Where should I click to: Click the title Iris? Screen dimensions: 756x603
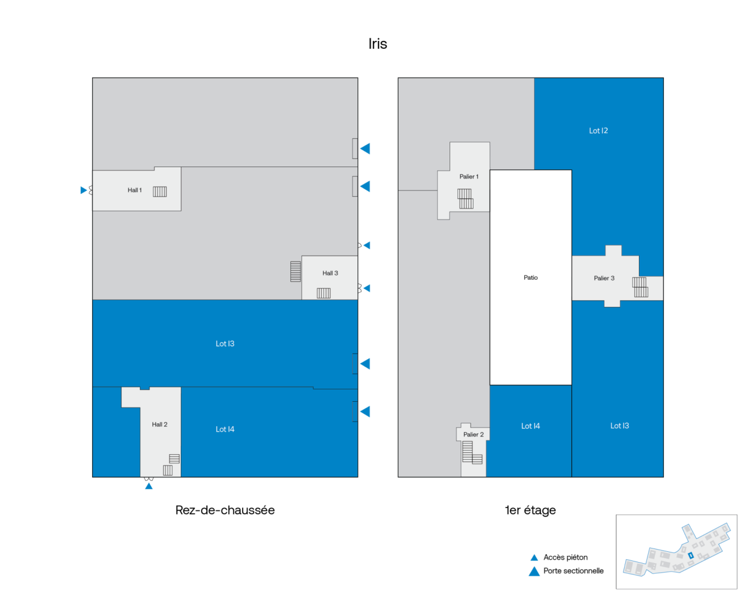pyautogui.click(x=377, y=44)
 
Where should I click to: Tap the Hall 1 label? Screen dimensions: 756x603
pyautogui.click(x=135, y=190)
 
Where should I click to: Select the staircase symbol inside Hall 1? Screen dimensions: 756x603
pyautogui.click(x=160, y=192)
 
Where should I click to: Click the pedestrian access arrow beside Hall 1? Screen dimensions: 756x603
pyautogui.click(x=84, y=190)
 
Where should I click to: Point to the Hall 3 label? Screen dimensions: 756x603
pyautogui.click(x=330, y=273)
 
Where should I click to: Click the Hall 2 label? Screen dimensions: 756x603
pyautogui.click(x=160, y=424)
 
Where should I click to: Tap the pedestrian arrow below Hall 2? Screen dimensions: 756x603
pyautogui.click(x=149, y=486)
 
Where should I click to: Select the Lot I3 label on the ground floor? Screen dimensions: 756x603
pyautogui.click(x=225, y=343)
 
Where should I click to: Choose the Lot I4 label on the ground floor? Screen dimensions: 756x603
pyautogui.click(x=225, y=429)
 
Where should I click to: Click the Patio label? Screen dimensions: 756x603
pyautogui.click(x=530, y=277)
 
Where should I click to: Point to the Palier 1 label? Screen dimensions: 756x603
pyautogui.click(x=469, y=176)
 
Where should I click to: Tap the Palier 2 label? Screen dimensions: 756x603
pyautogui.click(x=473, y=434)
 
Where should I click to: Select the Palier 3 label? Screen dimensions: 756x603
pyautogui.click(x=604, y=278)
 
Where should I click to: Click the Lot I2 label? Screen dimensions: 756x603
pyautogui.click(x=599, y=131)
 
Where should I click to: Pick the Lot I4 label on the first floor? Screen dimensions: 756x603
pyautogui.click(x=530, y=426)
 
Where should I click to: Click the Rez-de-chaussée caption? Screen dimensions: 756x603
pyautogui.click(x=225, y=510)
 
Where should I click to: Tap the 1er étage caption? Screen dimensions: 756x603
pyautogui.click(x=530, y=510)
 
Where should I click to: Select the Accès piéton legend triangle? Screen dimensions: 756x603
pyautogui.click(x=534, y=558)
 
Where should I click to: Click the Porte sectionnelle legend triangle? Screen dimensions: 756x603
pyautogui.click(x=534, y=571)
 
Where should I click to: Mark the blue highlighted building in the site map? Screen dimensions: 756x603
pyautogui.click(x=691, y=555)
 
